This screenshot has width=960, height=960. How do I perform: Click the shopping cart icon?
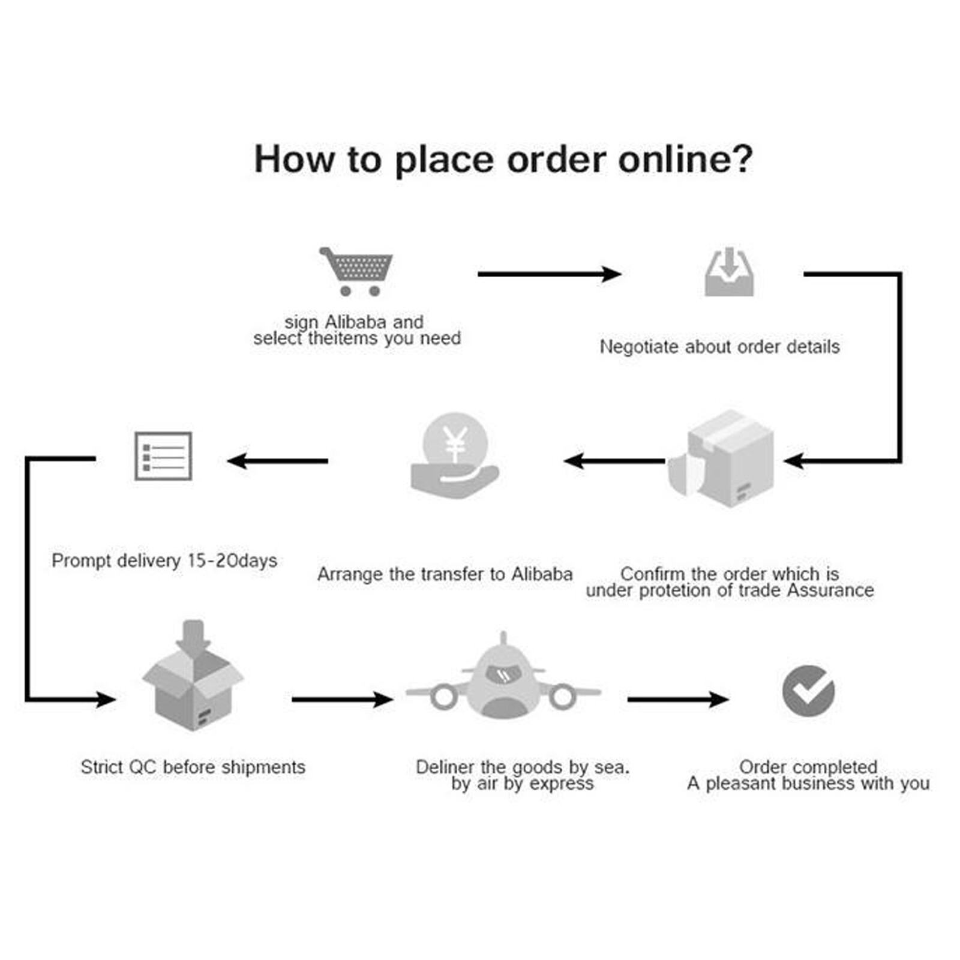click(357, 271)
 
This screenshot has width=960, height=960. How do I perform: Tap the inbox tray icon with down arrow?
click(728, 273)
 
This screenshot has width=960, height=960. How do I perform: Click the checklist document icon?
click(163, 456)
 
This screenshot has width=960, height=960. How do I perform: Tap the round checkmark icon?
click(808, 691)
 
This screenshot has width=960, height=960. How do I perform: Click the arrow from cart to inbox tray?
click(548, 274)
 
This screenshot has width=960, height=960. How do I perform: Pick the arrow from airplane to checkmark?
click(677, 699)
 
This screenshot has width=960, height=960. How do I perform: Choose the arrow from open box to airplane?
click(342, 699)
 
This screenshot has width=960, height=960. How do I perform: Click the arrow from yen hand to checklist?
click(278, 461)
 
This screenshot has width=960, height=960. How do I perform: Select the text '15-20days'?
click(232, 560)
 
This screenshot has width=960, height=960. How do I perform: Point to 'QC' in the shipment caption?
click(142, 767)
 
